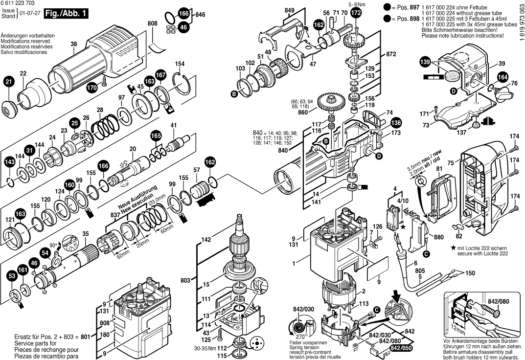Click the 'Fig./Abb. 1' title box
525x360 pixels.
[66, 14]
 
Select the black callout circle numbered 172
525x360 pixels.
[356, 13]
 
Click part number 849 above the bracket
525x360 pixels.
[290, 10]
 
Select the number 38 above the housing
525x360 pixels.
[74, 45]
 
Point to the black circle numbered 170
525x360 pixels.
[91, 88]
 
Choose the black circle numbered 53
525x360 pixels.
[11, 276]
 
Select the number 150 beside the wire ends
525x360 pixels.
[470, 273]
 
